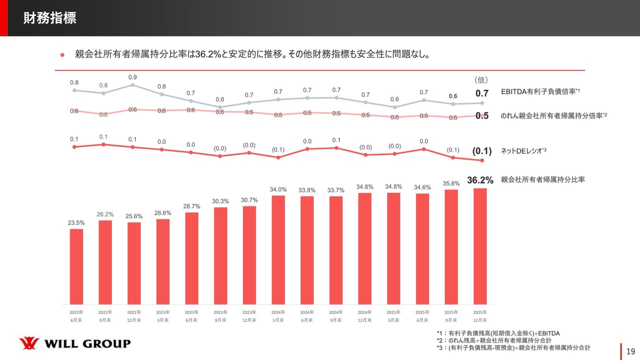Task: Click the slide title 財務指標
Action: pyautogui.click(x=49, y=19)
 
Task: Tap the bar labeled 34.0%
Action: pyautogui.click(x=278, y=249)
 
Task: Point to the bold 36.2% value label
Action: pyautogui.click(x=480, y=180)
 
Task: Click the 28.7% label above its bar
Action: pyautogui.click(x=192, y=206)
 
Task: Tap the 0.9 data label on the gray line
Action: pyautogui.click(x=132, y=77)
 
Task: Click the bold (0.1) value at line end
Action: pyautogui.click(x=482, y=150)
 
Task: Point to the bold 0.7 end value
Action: pyautogui.click(x=481, y=93)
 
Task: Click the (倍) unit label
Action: pyautogui.click(x=481, y=79)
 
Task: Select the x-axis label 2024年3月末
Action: pyautogui.click(x=278, y=316)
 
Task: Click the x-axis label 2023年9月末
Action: pyautogui.click(x=220, y=316)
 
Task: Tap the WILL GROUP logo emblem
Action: pyautogui.click(x=29, y=343)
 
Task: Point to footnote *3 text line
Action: pyautogui.click(x=513, y=347)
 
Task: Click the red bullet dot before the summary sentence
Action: pyautogui.click(x=62, y=54)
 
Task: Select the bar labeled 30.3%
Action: pyautogui.click(x=220, y=255)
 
